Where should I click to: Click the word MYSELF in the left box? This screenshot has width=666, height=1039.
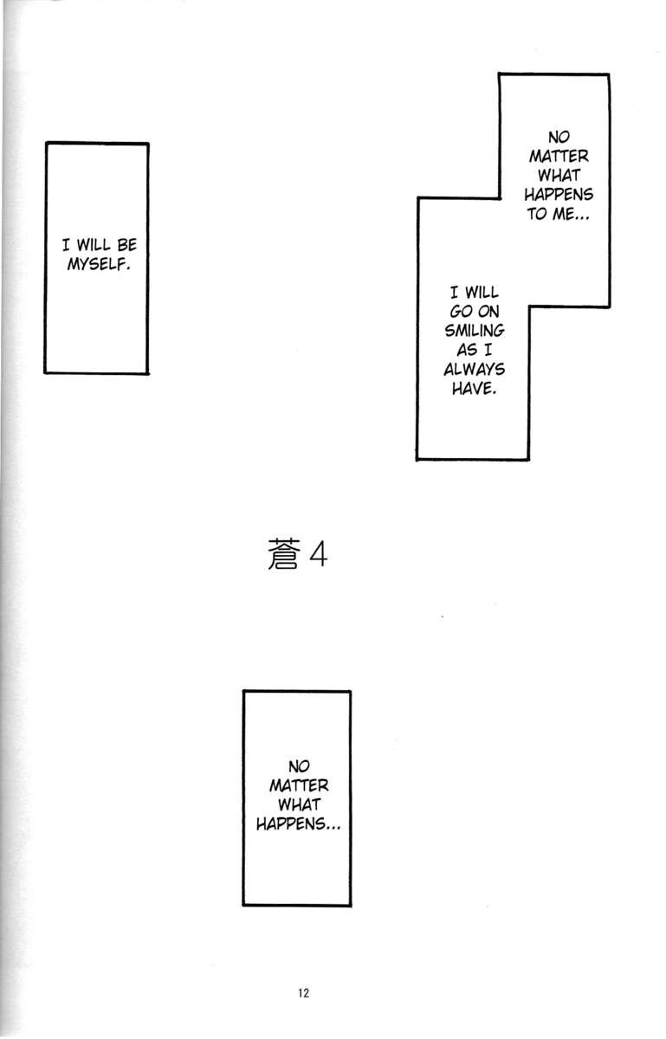(98, 262)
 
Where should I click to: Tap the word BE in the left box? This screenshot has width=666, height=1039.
(126, 245)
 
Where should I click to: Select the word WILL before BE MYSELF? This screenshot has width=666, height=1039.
(96, 245)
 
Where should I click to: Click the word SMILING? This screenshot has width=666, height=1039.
(473, 332)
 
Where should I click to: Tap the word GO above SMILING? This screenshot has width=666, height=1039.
(457, 313)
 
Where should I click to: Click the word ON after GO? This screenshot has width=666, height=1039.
(488, 313)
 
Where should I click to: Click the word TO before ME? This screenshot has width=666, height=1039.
(537, 214)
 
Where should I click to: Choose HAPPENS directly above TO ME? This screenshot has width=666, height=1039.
(558, 195)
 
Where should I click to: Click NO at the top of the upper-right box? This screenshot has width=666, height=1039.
(558, 138)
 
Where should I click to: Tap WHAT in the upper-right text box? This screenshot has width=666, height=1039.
(558, 176)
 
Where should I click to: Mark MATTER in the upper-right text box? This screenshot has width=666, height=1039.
(558, 157)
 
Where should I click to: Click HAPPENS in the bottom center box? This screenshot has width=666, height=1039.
(297, 824)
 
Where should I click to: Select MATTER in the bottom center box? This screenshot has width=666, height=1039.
(297, 786)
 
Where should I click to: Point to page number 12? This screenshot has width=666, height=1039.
(301, 993)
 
